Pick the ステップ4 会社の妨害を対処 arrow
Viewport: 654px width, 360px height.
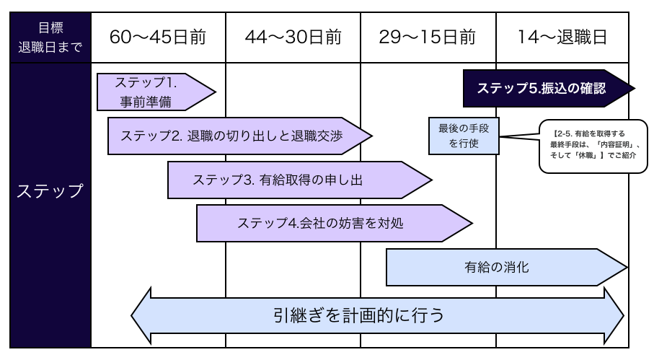pyautogui.click(x=324, y=223)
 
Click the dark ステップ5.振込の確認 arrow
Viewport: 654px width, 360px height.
pyautogui.click(x=541, y=88)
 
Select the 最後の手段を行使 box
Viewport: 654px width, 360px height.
pyautogui.click(x=464, y=136)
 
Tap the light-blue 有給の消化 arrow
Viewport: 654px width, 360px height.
pyautogui.click(x=498, y=268)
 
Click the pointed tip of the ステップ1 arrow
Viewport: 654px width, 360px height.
pyautogui.click(x=214, y=92)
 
